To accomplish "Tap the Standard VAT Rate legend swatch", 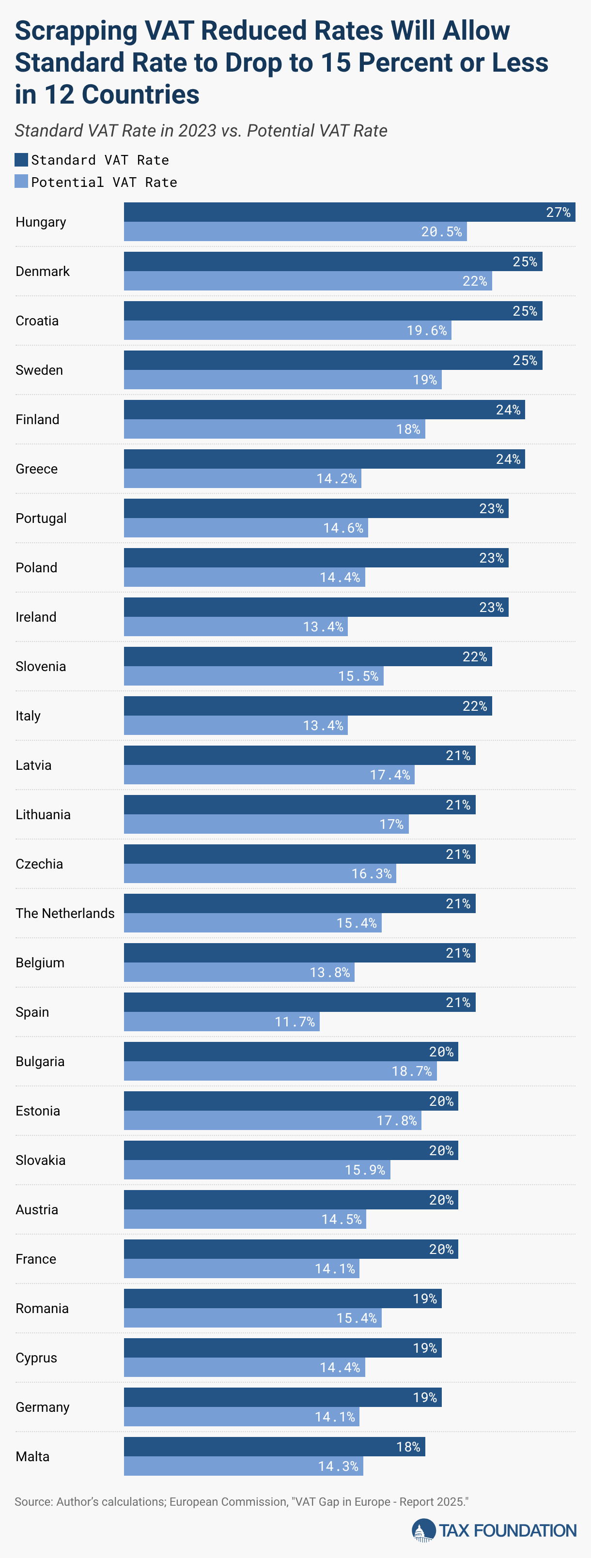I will [21, 160].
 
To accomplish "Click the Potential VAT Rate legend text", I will [104, 182].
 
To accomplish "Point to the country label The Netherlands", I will [65, 913].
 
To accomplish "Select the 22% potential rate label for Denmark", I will [474, 281].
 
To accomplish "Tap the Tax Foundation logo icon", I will [423, 1531].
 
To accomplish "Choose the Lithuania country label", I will [43, 815].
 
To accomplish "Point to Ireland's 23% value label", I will [491, 607].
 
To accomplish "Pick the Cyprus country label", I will [36, 1358].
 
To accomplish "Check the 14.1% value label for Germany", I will [335, 1417].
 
